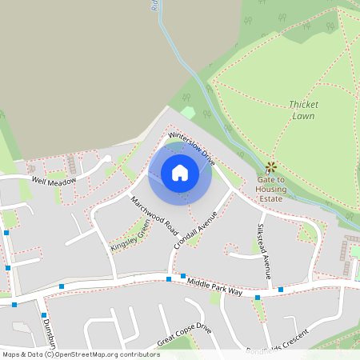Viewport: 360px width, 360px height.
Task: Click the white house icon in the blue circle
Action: (180, 172)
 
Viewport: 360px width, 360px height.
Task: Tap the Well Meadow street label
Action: (53, 182)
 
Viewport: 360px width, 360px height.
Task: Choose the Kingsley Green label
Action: (130, 236)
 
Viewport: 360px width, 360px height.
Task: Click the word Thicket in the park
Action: (303, 104)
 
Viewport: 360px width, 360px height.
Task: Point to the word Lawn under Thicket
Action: (303, 116)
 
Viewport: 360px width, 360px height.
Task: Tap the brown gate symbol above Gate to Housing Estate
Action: (271, 166)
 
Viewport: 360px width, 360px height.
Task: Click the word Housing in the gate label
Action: (271, 190)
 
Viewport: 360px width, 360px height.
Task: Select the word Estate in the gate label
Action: (271, 199)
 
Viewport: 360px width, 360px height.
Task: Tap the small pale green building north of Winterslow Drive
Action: (188, 112)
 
